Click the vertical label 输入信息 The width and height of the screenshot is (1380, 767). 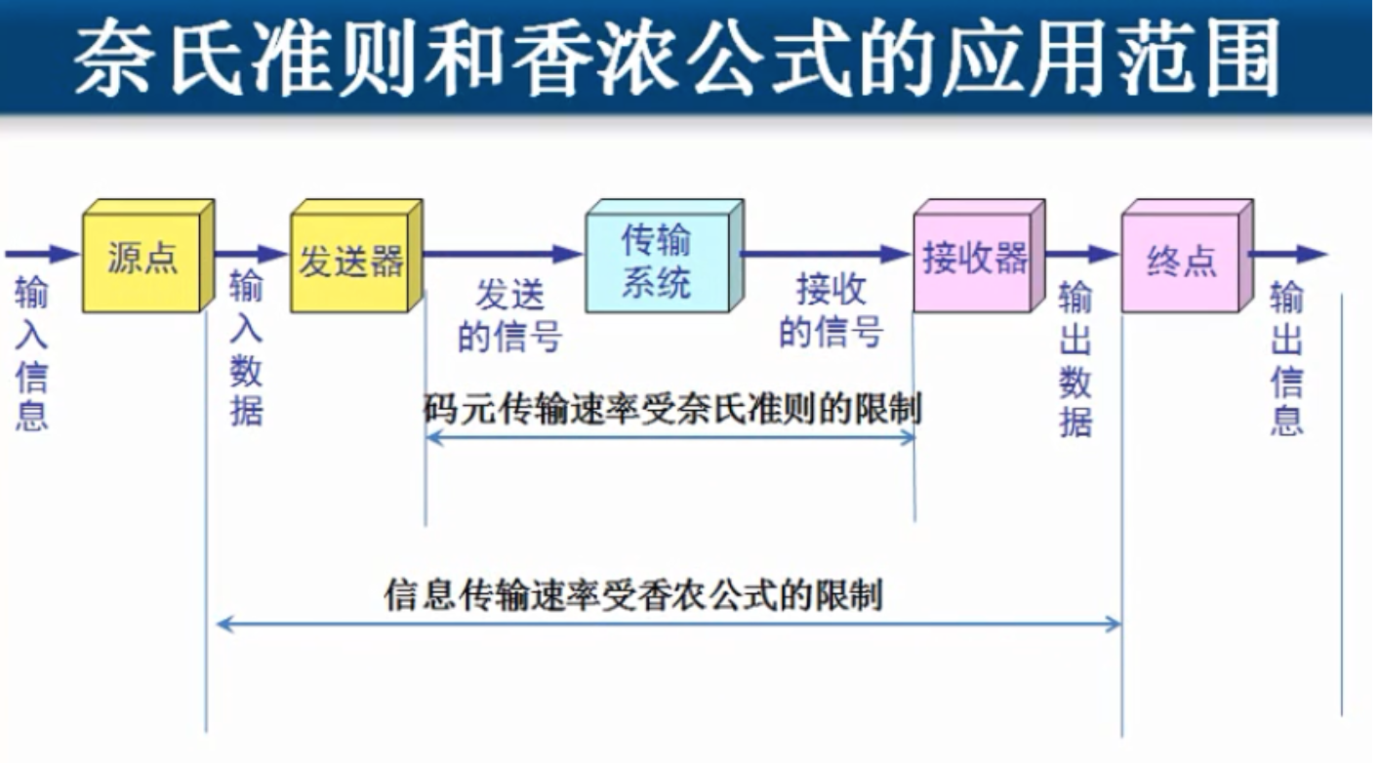[31, 353]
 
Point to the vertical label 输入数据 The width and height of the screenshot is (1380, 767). [246, 349]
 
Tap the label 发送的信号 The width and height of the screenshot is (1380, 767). [509, 315]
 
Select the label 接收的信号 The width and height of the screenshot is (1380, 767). [831, 311]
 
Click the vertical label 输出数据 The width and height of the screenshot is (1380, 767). [1075, 360]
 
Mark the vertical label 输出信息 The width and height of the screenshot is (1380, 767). [1286, 358]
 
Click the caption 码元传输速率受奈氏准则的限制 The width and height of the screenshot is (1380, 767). [672, 408]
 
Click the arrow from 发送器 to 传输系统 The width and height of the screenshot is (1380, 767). [503, 255]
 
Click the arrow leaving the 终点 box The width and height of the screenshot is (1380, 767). [1287, 255]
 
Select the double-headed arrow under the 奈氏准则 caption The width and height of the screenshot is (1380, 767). [670, 437]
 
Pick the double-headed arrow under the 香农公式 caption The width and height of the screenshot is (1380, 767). [669, 624]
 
